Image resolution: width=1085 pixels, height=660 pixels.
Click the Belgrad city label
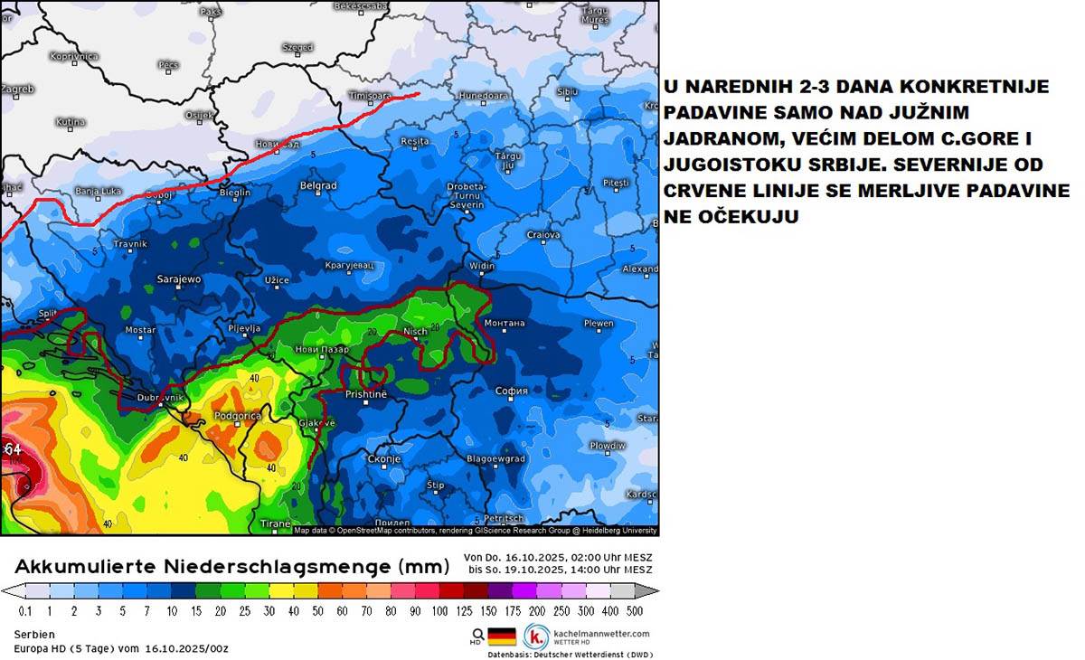click(317, 185)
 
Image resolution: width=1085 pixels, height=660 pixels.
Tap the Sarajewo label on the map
click(179, 279)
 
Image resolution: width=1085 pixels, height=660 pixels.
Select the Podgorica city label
click(237, 415)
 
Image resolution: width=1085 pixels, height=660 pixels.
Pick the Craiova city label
click(544, 235)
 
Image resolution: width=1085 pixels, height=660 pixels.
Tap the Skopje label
click(384, 459)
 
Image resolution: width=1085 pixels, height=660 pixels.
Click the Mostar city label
click(140, 330)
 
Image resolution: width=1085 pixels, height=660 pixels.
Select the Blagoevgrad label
click(495, 459)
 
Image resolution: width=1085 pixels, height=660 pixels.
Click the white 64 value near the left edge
click(13, 449)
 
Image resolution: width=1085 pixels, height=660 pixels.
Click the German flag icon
click(502, 636)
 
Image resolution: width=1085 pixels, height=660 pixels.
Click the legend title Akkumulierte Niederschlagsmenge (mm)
click(232, 567)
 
